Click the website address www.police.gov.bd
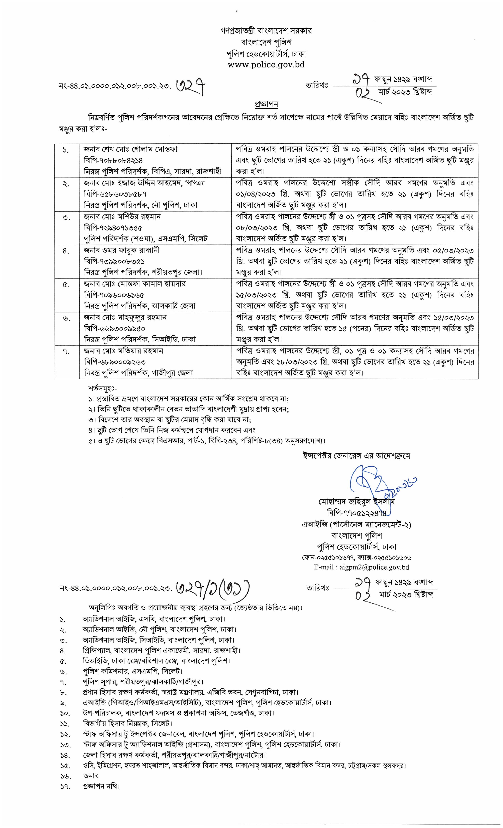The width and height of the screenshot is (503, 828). coord(266,64)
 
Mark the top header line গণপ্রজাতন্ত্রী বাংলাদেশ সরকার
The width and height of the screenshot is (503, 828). coord(266,31)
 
